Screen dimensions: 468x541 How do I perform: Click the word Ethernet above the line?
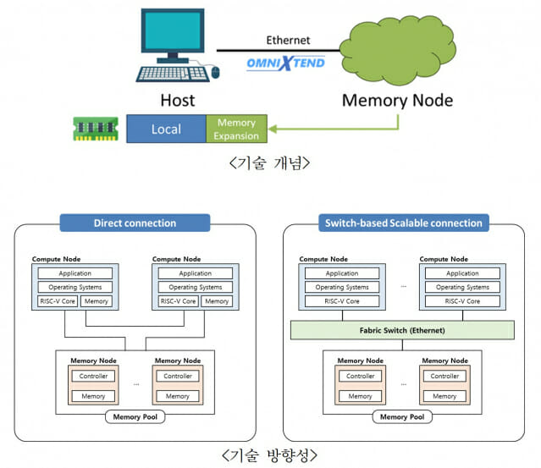tap(288, 40)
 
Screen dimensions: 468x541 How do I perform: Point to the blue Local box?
tap(166, 129)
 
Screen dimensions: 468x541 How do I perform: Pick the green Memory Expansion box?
tap(235, 129)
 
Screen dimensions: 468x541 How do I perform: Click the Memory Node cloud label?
tap(396, 101)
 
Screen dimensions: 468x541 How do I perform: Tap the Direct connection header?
tap(135, 223)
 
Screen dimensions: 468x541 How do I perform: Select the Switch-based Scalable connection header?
tap(403, 223)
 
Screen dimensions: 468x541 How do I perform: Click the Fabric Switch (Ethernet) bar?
tap(403, 331)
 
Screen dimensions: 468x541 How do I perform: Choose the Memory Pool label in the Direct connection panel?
tap(135, 416)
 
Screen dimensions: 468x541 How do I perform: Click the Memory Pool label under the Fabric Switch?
tap(403, 416)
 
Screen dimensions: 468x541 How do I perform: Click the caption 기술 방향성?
tap(270, 455)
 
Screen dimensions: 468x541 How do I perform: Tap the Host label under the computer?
tap(178, 101)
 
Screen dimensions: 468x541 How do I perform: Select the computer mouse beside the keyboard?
tap(215, 73)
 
